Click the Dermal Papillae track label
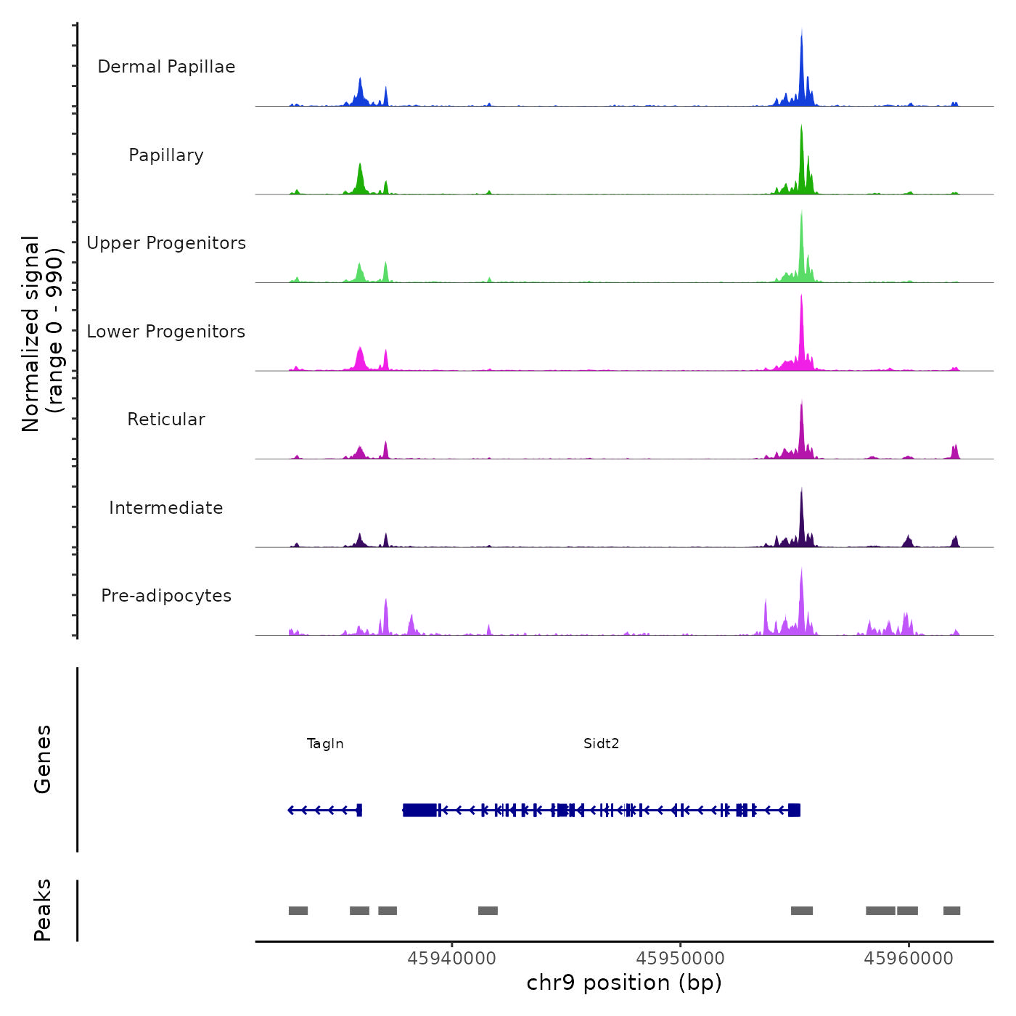coord(166,67)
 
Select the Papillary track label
coord(166,155)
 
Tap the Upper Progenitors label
coord(166,243)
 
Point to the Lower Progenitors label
coord(166,332)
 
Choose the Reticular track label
coord(166,419)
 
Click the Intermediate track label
coord(166,508)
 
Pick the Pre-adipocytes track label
coord(166,596)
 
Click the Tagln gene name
coord(325,744)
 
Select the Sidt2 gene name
coord(601,744)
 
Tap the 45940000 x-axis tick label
coord(452,959)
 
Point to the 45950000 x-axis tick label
coord(680,959)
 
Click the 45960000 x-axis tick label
coord(909,959)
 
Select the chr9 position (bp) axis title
coord(624,983)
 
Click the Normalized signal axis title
coord(42,334)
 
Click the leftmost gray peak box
coord(298,911)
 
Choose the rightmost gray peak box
coord(951,911)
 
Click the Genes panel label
coord(43,759)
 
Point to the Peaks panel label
coord(43,910)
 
